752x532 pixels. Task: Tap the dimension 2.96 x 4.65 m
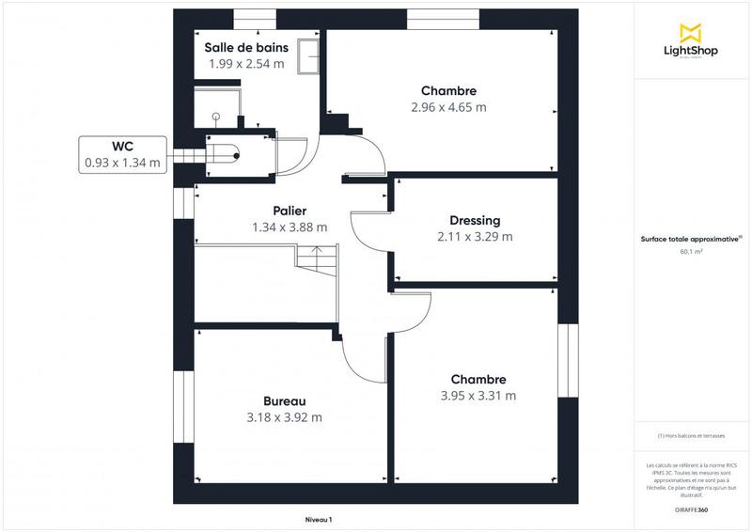(x=448, y=107)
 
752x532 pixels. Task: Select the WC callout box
(x=122, y=154)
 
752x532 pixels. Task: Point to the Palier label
(x=290, y=211)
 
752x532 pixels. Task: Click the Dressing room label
(x=475, y=220)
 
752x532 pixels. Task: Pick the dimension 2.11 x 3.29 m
(x=475, y=236)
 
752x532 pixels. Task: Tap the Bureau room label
(x=284, y=400)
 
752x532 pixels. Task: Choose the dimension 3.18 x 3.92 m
(x=284, y=417)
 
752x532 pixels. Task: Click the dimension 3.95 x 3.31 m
(x=478, y=396)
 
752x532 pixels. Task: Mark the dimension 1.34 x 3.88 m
(x=290, y=227)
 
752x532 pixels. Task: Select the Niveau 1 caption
(x=319, y=519)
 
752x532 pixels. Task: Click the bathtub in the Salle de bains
(x=308, y=56)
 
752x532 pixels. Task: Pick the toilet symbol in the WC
(x=226, y=152)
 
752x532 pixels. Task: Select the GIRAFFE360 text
(x=691, y=509)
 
